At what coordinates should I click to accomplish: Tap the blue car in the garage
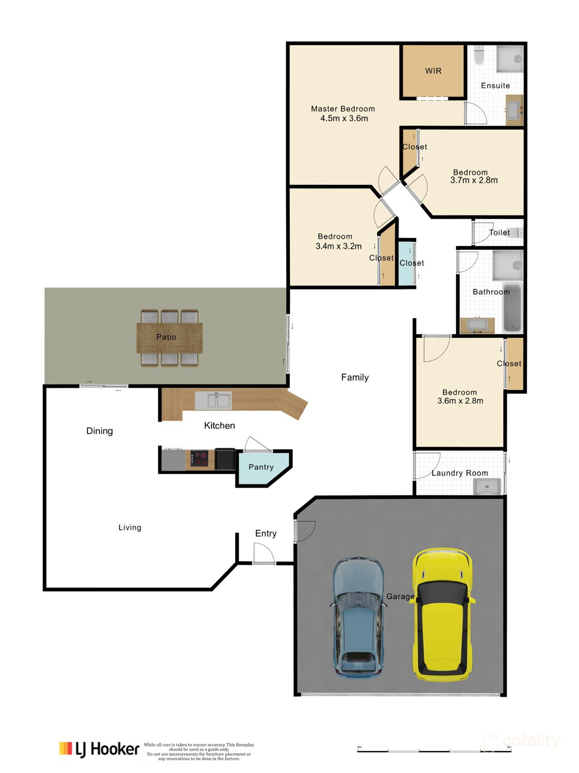tap(358, 617)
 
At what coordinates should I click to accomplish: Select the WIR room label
tap(433, 71)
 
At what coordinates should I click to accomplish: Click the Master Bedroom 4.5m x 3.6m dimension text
tap(344, 119)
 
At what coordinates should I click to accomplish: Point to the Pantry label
tap(261, 467)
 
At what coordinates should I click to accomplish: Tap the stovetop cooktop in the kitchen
tap(199, 459)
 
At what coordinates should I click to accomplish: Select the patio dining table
tap(169, 337)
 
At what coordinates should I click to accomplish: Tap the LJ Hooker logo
tap(99, 749)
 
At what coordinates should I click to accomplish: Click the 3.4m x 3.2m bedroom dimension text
tap(338, 246)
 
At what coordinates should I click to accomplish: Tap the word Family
tap(355, 378)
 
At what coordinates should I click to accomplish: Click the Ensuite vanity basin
tap(514, 109)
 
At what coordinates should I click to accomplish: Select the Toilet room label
tap(499, 233)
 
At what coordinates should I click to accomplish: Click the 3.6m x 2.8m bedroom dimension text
tap(460, 401)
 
